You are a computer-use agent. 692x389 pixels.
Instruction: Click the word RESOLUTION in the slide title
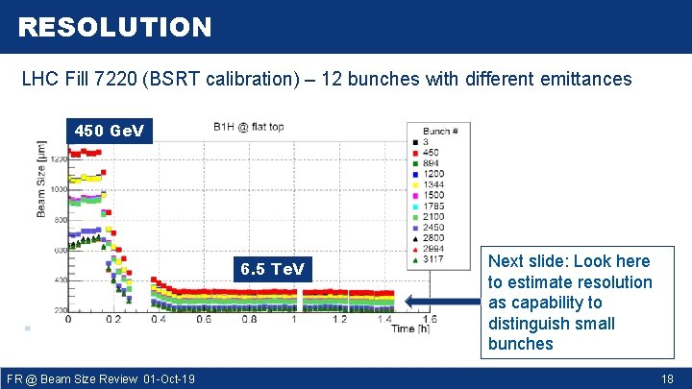tap(114, 27)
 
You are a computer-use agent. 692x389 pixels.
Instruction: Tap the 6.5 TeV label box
tap(272, 269)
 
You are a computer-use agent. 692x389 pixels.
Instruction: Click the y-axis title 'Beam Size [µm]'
tap(42, 182)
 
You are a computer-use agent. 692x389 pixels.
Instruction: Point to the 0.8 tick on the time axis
tap(249, 319)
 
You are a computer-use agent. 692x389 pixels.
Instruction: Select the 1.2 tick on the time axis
tap(339, 319)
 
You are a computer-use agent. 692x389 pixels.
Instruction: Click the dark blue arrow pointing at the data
tap(438, 301)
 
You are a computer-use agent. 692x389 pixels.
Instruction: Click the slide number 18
tap(667, 379)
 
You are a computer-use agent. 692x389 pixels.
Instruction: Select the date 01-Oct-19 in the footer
tap(168, 379)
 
